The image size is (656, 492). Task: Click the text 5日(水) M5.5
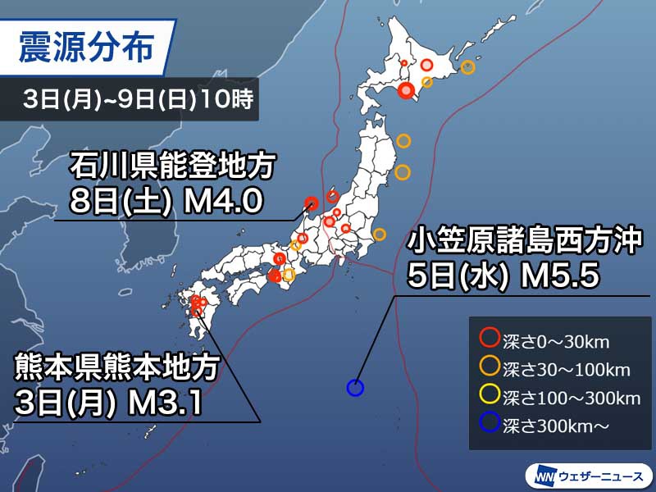pyautogui.click(x=503, y=275)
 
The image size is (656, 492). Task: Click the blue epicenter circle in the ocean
pyautogui.click(x=355, y=388)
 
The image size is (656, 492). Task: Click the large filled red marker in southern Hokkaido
pyautogui.click(x=405, y=92)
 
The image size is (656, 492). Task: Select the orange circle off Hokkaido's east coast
pyautogui.click(x=467, y=68)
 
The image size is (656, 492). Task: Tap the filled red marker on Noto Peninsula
pyautogui.click(x=311, y=203)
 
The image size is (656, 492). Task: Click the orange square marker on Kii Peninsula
pyautogui.click(x=289, y=275)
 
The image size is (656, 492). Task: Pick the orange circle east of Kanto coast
pyautogui.click(x=379, y=235)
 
